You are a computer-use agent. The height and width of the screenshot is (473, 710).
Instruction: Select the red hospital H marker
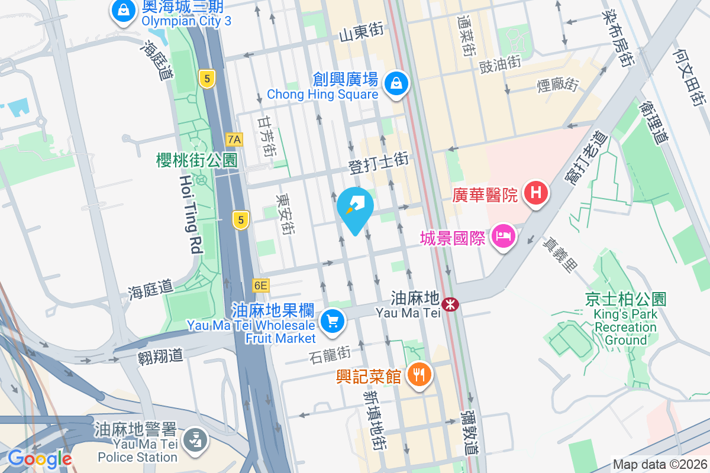(x=536, y=193)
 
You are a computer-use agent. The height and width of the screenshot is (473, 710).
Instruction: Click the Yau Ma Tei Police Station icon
(x=193, y=440)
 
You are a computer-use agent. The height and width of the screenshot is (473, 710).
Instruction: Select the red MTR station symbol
(x=451, y=304)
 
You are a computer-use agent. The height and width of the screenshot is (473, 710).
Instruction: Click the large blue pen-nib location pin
(x=355, y=208)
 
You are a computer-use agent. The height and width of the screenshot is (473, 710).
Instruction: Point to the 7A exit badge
(x=234, y=140)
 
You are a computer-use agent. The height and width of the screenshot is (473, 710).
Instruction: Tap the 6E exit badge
(x=261, y=286)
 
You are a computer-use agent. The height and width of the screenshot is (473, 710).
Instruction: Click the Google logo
(x=40, y=458)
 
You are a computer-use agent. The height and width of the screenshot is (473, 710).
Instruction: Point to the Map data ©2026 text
(x=660, y=465)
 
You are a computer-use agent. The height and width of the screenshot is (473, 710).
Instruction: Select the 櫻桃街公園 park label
(x=196, y=160)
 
